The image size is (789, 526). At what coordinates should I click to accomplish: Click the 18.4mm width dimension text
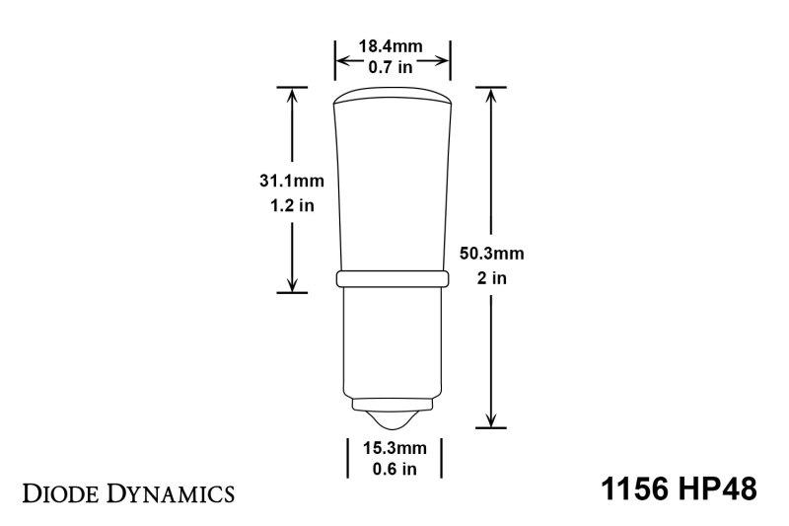point(393,46)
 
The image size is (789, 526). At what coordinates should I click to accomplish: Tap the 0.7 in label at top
point(393,67)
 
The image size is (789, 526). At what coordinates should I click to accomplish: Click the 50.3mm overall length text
point(491,254)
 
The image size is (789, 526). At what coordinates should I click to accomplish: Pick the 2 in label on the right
point(491,277)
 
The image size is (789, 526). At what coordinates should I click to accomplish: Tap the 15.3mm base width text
point(393,447)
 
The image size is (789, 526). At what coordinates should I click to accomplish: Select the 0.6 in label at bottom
point(393,469)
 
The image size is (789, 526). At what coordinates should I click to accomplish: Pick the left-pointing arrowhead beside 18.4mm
point(342,57)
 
